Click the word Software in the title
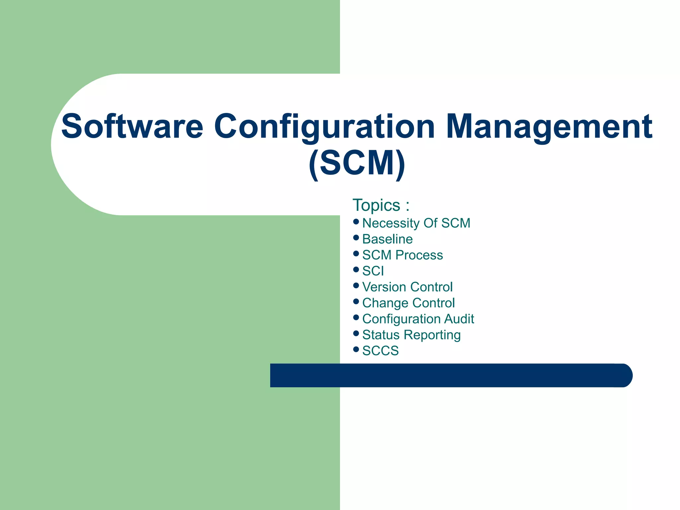132,127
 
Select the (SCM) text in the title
357,163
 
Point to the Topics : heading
381,205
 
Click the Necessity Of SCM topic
416,223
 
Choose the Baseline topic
387,239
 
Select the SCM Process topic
402,255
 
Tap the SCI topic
373,271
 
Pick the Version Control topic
407,287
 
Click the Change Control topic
408,303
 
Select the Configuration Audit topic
418,319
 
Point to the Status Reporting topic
411,335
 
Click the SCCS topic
381,351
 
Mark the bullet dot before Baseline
356,237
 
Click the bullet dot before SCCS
356,349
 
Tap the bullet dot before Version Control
356,285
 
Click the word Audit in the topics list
459,319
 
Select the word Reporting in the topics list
432,335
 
